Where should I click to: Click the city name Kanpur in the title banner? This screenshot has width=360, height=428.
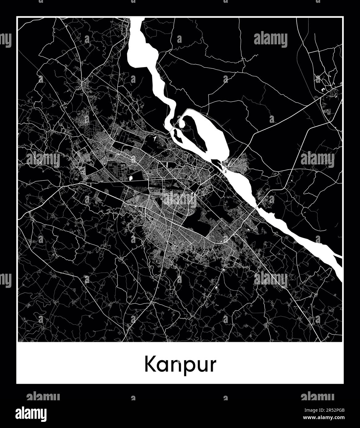coord(180,365)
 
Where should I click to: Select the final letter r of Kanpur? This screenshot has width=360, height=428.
coord(212,366)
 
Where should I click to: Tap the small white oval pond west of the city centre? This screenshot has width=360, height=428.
coord(131,178)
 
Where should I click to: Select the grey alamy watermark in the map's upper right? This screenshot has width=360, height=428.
coord(271,40)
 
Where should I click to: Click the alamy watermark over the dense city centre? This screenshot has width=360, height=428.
coord(180,200)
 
